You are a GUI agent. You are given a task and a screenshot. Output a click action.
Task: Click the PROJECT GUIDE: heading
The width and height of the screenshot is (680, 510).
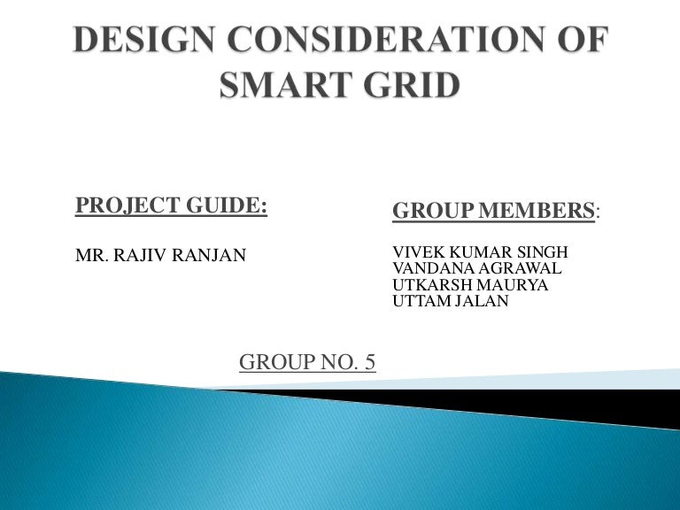click(171, 205)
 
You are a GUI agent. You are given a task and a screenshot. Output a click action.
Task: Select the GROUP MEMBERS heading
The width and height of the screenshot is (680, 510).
click(494, 211)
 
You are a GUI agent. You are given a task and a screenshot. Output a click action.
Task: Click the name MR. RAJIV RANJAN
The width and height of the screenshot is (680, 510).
click(160, 256)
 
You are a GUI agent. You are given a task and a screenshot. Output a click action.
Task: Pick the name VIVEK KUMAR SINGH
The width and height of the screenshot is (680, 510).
click(480, 252)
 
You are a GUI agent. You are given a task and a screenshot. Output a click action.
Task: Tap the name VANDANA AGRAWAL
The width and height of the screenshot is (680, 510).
click(476, 268)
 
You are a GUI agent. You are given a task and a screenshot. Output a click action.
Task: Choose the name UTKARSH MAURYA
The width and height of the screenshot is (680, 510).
click(470, 285)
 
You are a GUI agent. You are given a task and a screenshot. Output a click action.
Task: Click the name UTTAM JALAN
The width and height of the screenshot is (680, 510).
click(451, 301)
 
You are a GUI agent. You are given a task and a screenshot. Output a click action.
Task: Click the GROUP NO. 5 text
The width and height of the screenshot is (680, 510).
click(307, 362)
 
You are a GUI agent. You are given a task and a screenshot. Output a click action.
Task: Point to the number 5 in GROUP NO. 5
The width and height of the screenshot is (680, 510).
click(369, 362)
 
